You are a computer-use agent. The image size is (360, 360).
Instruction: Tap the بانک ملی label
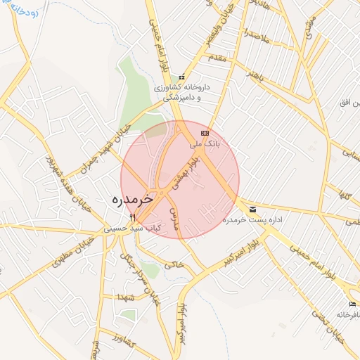tap(205, 143)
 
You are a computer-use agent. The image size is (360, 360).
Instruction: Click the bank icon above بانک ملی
tap(205, 132)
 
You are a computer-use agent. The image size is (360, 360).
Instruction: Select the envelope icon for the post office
tap(252, 209)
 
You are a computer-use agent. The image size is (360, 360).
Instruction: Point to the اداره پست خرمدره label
tap(252, 220)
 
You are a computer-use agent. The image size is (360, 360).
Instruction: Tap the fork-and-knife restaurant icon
tap(132, 217)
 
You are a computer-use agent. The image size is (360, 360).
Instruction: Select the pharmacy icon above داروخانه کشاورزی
tap(182, 77)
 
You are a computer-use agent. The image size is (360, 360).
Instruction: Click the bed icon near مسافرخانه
tap(352, 304)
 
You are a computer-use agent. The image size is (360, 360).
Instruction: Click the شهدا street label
tap(127, 297)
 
